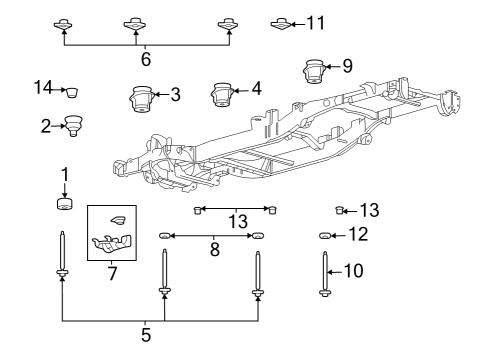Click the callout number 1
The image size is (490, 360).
pyautogui.click(x=64, y=175)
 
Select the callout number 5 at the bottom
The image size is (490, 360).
pyautogui.click(x=146, y=335)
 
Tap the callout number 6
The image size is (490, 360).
pyautogui.click(x=146, y=60)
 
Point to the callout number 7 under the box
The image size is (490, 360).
pyautogui.click(x=111, y=273)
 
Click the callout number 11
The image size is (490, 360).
pyautogui.click(x=316, y=22)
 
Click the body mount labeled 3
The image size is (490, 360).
pyautogui.click(x=141, y=102)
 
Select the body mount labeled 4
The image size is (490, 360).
pyautogui.click(x=222, y=95)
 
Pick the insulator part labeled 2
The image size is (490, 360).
pyautogui.click(x=72, y=125)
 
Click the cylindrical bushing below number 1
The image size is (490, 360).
pyautogui.click(x=64, y=206)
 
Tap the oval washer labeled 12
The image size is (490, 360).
pyautogui.click(x=325, y=235)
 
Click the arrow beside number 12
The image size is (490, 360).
pyautogui.click(x=340, y=235)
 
